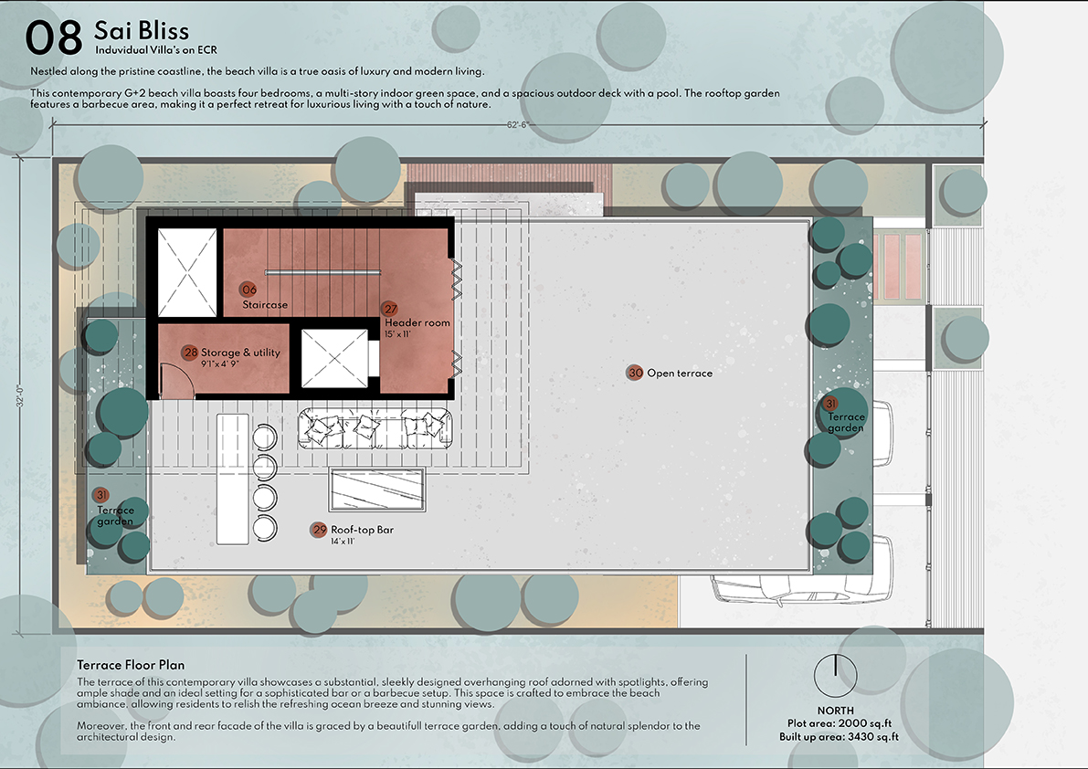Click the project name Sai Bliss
(x=142, y=30)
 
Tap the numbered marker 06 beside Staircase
(x=248, y=290)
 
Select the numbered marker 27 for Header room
(x=390, y=309)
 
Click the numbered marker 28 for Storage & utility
(x=190, y=353)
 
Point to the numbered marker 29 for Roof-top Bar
(x=319, y=530)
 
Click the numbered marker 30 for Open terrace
(x=635, y=373)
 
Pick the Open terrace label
(x=680, y=373)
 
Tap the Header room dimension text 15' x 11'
(x=397, y=334)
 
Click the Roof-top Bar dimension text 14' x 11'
(x=343, y=542)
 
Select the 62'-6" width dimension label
(x=518, y=125)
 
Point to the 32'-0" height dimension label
(x=20, y=396)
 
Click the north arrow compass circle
(x=836, y=675)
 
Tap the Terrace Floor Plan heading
(x=132, y=665)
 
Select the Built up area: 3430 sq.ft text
(x=839, y=736)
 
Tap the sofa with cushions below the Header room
(x=375, y=427)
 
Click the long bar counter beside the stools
(x=232, y=479)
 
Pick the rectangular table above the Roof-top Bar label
(x=377, y=490)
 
